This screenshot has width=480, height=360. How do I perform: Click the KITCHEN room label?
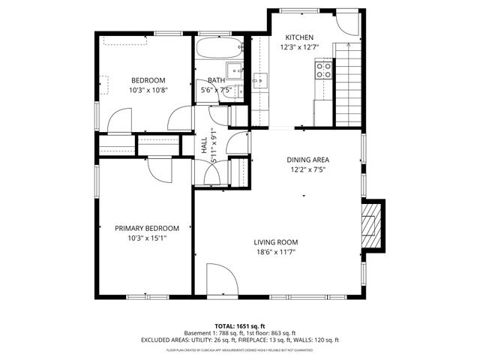299,37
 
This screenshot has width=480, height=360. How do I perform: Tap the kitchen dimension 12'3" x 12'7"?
299,47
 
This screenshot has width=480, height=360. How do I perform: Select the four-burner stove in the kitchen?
324,70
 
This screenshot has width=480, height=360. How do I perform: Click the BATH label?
216,80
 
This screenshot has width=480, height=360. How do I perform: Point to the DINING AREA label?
308,160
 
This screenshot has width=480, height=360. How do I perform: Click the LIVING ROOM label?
275,242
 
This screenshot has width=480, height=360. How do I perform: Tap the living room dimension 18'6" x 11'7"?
275,252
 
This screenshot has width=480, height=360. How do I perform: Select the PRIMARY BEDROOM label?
147,229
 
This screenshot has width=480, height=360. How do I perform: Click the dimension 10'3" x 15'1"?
147,238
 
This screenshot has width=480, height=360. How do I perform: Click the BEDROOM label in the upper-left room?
148,80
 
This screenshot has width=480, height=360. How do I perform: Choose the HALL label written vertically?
204,145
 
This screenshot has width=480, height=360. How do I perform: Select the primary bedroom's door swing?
160,170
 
